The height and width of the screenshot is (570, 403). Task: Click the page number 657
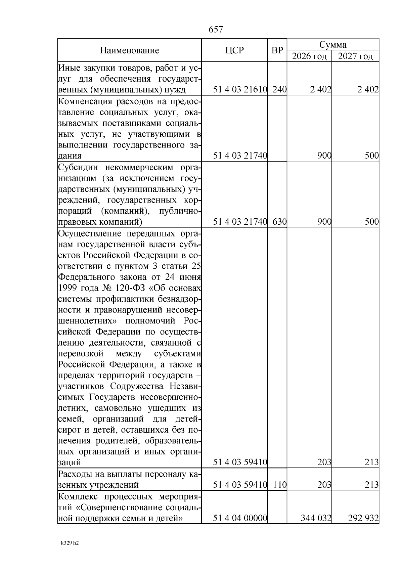coord(216,30)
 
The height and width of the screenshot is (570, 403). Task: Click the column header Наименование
coord(129,51)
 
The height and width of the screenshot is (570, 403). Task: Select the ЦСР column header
coord(234,50)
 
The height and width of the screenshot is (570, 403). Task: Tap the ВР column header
coord(277,50)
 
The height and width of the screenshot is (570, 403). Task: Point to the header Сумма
coord(333,45)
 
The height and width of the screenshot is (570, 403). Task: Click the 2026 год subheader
coord(309,56)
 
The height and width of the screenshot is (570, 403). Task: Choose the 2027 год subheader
coord(355,56)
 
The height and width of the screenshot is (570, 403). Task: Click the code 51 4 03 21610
coord(240,90)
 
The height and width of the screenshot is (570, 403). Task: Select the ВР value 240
coord(279,90)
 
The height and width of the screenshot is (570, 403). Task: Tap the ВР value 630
coord(279,222)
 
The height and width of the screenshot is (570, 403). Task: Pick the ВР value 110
coord(279,485)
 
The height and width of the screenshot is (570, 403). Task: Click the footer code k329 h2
coord(70,543)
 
